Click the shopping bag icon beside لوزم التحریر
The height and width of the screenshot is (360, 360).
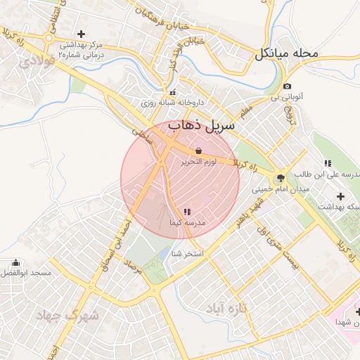pos(198,150)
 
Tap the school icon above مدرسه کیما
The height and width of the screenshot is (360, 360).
pos(186,211)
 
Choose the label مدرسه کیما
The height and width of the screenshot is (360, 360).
pos(187,222)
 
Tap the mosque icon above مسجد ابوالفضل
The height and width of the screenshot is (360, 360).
pos(16,263)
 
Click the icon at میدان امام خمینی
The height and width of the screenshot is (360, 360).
pos(281,178)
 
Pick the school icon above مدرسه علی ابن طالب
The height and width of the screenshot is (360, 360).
pos(328,163)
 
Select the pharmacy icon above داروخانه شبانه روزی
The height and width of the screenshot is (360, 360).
pos(172,92)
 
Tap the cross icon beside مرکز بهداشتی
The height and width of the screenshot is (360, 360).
pos(82,34)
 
